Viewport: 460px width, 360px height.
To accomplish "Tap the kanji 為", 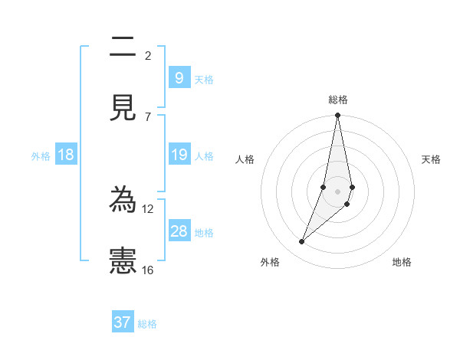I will tap(123, 201).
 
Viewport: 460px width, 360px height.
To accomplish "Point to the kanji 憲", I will tap(123, 261).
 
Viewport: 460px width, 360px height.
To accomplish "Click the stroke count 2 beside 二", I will tap(148, 56).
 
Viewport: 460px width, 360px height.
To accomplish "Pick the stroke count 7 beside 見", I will tap(148, 116).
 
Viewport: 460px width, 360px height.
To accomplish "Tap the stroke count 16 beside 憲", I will tap(148, 270).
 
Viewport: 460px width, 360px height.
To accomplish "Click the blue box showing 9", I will tap(179, 78).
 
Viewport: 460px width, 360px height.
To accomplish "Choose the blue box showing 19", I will tap(179, 155).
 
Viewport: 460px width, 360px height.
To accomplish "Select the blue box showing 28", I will tap(179, 231).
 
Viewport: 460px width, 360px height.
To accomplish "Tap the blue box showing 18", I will tap(66, 155).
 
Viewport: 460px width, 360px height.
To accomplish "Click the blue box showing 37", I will tap(123, 322).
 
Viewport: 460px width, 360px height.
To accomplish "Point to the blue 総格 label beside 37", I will tap(147, 324).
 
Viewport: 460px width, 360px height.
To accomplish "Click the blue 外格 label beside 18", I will tap(41, 156).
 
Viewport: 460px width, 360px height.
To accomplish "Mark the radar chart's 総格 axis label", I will tap(338, 100).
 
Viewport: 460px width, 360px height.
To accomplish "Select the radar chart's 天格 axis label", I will tap(431, 159).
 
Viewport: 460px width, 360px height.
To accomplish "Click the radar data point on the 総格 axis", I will tap(337, 116).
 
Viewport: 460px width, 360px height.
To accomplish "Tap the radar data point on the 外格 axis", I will tap(302, 242).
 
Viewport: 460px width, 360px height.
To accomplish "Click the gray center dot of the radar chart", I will tap(337, 191).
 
